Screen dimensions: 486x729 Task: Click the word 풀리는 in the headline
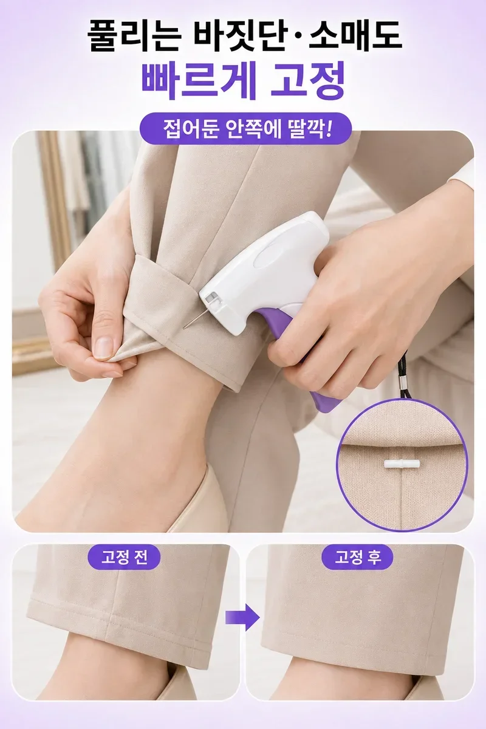pos(134,36)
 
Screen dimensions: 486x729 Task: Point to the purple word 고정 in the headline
pos(308,81)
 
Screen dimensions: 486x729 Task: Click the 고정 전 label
pos(124,558)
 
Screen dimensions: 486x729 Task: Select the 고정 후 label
pos(357,558)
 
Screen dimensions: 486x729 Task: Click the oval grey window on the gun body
pos(269,258)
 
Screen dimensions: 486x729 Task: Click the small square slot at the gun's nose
pos(211,297)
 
